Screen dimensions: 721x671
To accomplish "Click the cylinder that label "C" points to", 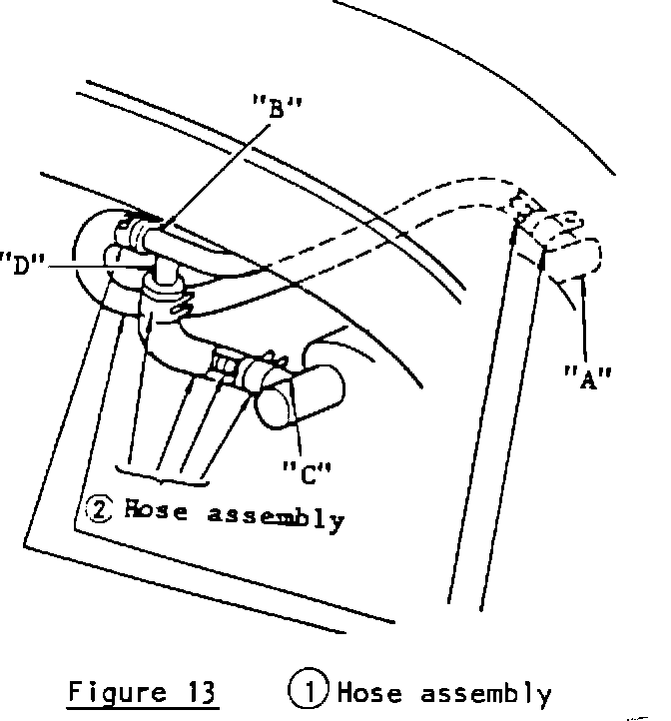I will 299,396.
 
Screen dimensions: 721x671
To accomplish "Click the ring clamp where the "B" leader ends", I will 142,236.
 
